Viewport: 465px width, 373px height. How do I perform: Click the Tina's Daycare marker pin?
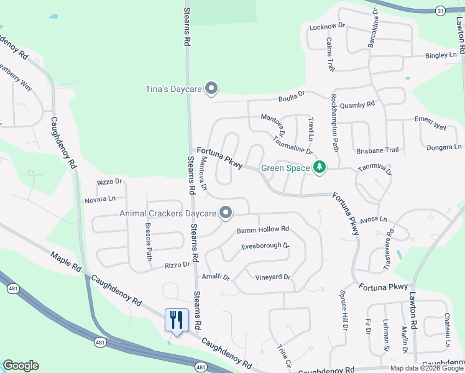coord(211,90)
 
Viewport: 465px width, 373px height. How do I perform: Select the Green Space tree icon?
coord(320,167)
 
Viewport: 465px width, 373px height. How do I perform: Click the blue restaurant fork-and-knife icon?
coord(177,320)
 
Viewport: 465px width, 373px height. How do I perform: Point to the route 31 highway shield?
coord(440,11)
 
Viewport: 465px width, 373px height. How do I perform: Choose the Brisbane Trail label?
coord(377,150)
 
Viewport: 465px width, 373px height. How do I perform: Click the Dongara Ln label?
coord(444,147)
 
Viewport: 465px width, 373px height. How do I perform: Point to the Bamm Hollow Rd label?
coord(263,230)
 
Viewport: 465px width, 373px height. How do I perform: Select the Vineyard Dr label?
coord(273,277)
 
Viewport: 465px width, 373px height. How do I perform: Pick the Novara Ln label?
coord(100,199)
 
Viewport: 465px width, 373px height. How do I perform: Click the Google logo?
coord(21,366)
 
